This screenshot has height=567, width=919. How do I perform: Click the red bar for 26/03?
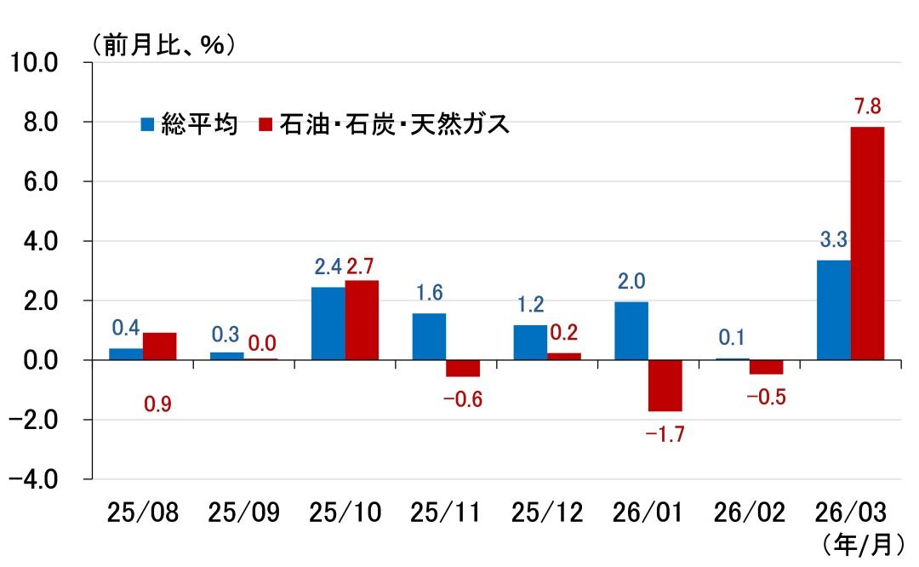(x=867, y=243)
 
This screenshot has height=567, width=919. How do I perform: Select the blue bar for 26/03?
(x=833, y=310)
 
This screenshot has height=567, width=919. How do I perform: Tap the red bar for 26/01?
(x=665, y=386)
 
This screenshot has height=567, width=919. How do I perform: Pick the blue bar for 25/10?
(x=328, y=324)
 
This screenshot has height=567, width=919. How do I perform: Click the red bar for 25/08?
(x=160, y=346)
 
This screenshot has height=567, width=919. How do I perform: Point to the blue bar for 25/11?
(x=429, y=336)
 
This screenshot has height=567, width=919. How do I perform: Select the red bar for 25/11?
(x=463, y=369)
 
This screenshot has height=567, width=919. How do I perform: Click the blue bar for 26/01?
(x=631, y=330)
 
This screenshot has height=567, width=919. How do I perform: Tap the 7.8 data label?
(x=866, y=107)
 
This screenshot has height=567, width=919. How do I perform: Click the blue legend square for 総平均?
(x=147, y=125)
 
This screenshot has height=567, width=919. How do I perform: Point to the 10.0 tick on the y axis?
(x=33, y=62)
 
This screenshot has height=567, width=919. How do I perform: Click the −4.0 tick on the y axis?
(x=33, y=479)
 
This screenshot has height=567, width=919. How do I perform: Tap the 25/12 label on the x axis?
(x=547, y=513)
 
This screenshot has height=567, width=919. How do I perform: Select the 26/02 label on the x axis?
(x=750, y=513)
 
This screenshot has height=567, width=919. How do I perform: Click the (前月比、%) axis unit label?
(x=162, y=43)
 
